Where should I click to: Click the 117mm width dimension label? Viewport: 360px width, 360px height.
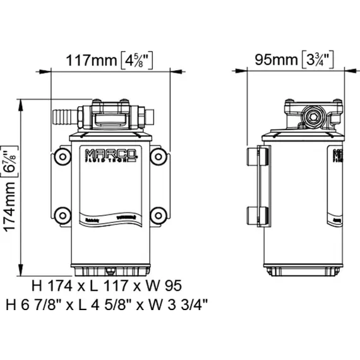(92, 61)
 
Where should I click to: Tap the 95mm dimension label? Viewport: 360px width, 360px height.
(276, 61)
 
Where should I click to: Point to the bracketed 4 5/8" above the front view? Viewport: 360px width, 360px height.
(136, 61)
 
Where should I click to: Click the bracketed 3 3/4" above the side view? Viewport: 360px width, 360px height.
(318, 61)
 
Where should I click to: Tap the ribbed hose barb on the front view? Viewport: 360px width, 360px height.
(63, 116)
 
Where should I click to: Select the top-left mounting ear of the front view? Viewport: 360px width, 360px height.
(61, 155)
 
